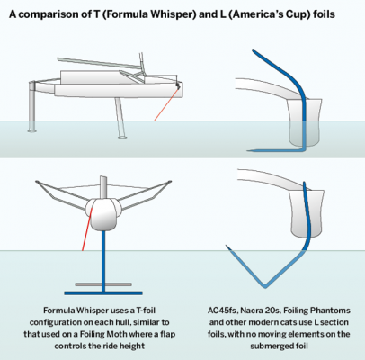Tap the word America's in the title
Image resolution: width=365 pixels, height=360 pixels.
click(257, 14)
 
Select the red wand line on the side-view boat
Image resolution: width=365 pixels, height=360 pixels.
click(166, 104)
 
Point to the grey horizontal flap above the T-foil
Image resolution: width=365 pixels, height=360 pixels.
click(103, 284)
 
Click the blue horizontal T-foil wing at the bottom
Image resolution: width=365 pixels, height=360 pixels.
click(103, 293)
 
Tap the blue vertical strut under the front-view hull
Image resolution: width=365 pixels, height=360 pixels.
click(103, 261)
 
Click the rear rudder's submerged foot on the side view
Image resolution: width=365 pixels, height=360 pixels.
click(32, 130)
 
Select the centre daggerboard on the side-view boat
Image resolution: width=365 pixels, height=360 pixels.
click(120, 118)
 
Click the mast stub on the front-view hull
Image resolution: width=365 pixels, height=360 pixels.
click(103, 187)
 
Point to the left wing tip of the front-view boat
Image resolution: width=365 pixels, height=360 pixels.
click(37, 182)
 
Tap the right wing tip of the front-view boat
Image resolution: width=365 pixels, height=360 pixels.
click(170, 182)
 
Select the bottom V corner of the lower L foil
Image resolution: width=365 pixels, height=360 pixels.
click(264, 285)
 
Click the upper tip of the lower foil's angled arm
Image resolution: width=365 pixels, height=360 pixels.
click(227, 247)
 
